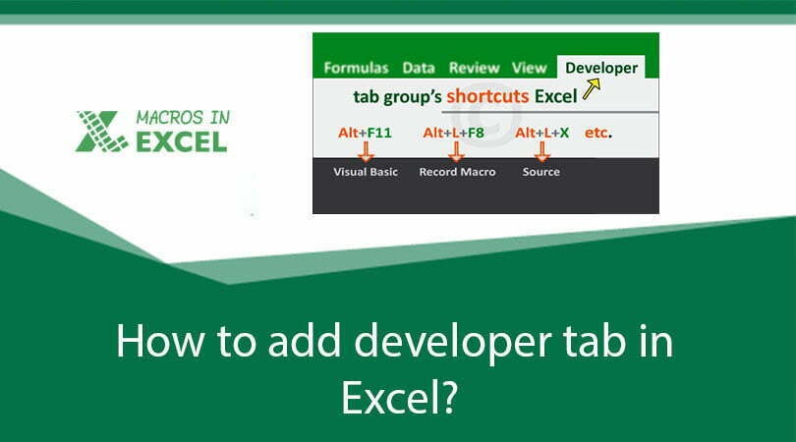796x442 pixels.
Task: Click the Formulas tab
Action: pyautogui.click(x=356, y=68)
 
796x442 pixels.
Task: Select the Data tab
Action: pyautogui.click(x=419, y=68)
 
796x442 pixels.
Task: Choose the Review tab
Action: pyautogui.click(x=474, y=68)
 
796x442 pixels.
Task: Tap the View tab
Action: pyautogui.click(x=529, y=68)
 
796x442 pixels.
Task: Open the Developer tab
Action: pyautogui.click(x=601, y=68)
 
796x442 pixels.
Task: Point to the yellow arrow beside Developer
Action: pyautogui.click(x=590, y=90)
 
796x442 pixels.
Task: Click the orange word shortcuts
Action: pyautogui.click(x=486, y=97)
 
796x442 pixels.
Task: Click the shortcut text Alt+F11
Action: pyautogui.click(x=365, y=132)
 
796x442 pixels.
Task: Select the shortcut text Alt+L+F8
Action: pyautogui.click(x=455, y=132)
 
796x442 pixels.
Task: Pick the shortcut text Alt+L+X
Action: pyautogui.click(x=541, y=132)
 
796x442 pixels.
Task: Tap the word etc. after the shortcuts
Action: pyautogui.click(x=597, y=132)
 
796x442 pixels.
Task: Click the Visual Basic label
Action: pyautogui.click(x=365, y=172)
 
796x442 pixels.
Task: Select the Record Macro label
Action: pyautogui.click(x=457, y=172)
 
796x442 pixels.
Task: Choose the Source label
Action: pyautogui.click(x=540, y=172)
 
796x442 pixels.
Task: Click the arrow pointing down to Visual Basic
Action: pyautogui.click(x=365, y=150)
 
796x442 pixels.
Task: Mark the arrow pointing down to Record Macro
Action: pyautogui.click(x=455, y=150)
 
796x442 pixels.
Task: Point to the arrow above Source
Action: pyautogui.click(x=540, y=150)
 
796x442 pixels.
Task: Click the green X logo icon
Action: pyautogui.click(x=101, y=131)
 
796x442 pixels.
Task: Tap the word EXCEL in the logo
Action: pyautogui.click(x=180, y=141)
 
